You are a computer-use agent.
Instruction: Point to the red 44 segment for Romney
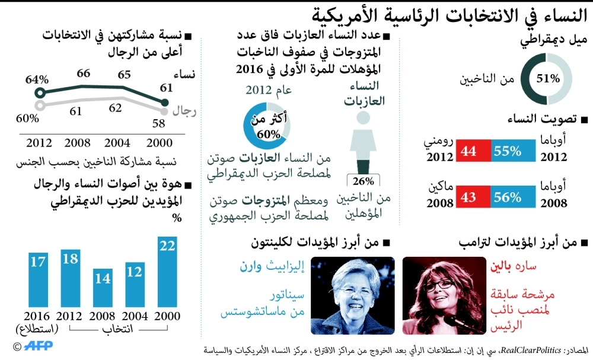(x=472, y=151)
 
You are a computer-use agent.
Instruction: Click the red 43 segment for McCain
(x=472, y=197)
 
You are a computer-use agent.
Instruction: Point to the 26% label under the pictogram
(x=363, y=181)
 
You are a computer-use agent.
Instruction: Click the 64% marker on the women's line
(x=40, y=93)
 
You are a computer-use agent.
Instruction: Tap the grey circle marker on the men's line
(x=40, y=106)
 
